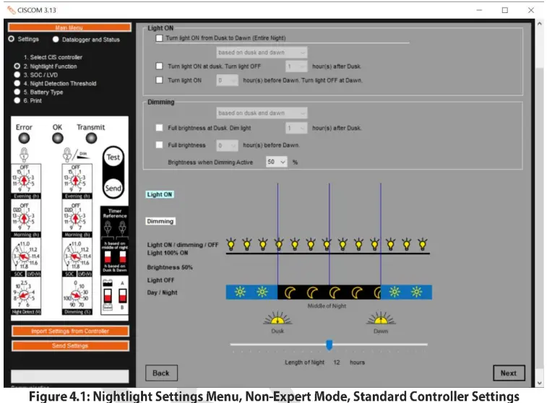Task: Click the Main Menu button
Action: coord(69,27)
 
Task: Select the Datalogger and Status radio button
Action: coord(56,39)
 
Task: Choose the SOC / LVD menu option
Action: coord(17,74)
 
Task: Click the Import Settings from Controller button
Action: coord(69,331)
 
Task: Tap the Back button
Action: coord(161,373)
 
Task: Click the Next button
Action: coord(509,373)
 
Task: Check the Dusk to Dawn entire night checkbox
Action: coord(159,38)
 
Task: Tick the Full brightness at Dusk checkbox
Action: coord(159,128)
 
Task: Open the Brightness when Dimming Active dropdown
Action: coord(276,162)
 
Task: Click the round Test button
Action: coord(113,157)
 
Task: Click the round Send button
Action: coord(113,188)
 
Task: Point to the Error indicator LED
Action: coord(24,138)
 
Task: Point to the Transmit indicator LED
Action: coord(90,138)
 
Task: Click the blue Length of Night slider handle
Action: coord(330,344)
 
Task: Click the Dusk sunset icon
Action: coord(277,319)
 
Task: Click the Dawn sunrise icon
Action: coord(381,319)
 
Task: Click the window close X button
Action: coord(531,10)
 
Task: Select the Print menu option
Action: coord(17,100)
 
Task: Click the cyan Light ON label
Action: coord(160,194)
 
